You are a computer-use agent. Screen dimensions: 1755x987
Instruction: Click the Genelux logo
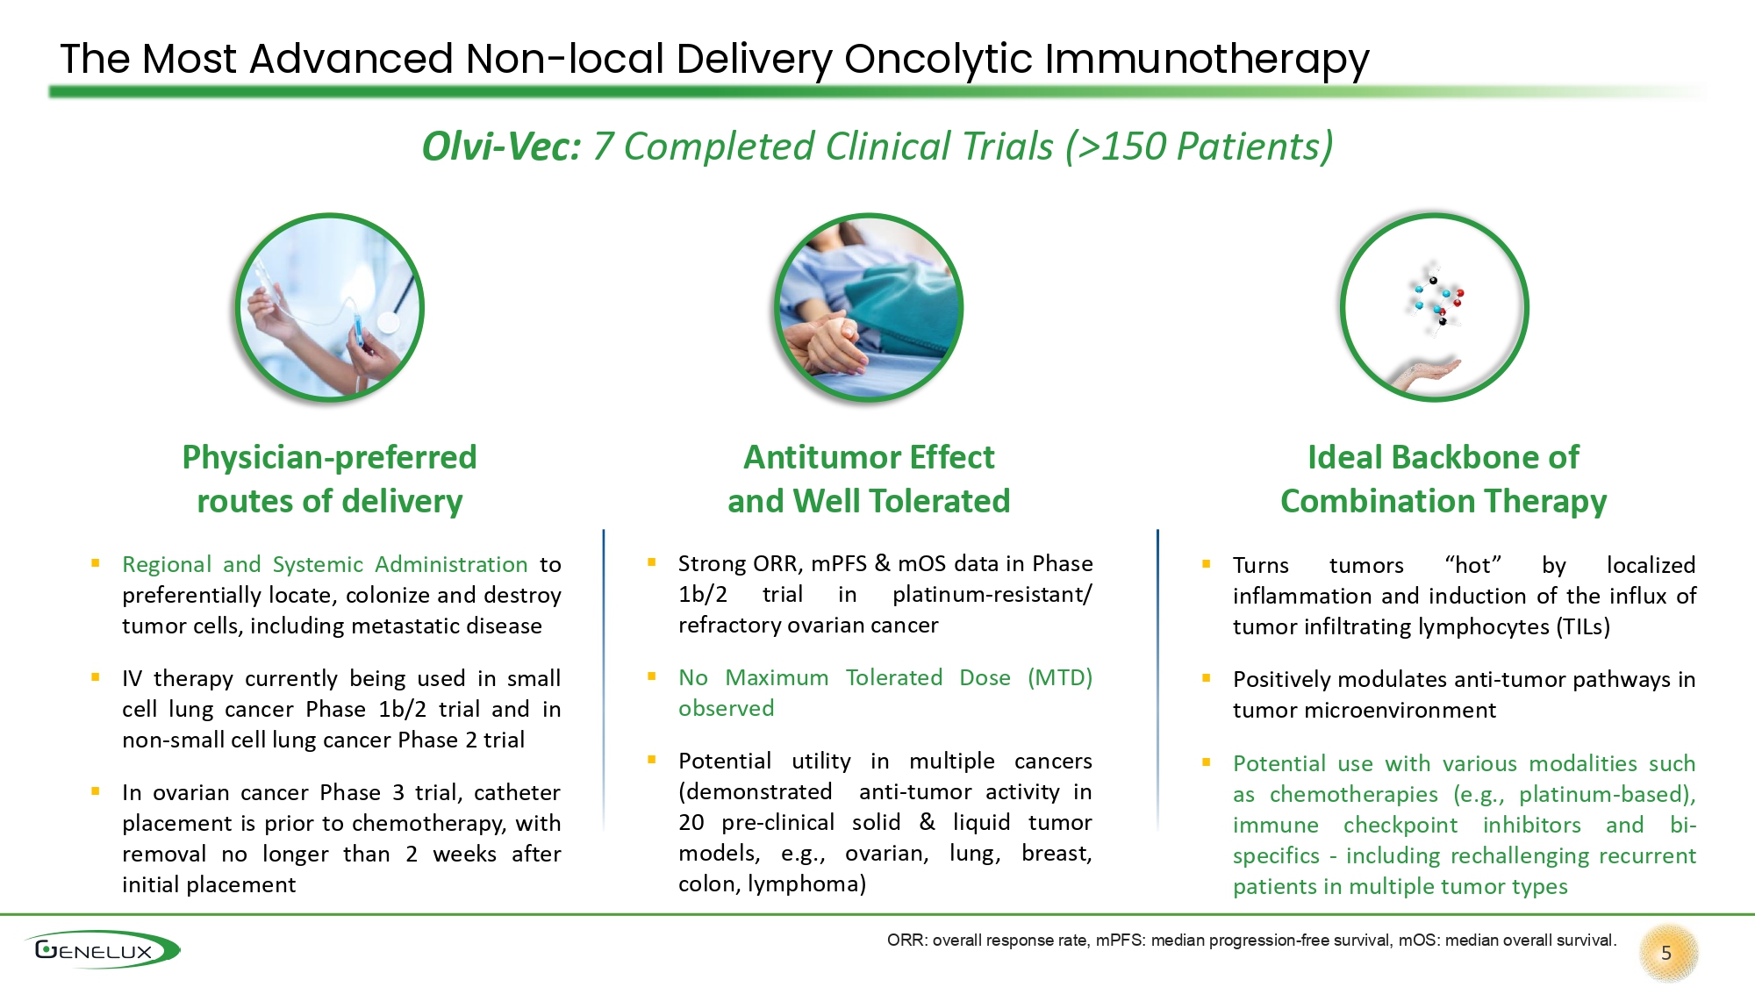[102, 949]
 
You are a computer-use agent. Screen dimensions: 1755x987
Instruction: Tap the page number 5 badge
[1667, 954]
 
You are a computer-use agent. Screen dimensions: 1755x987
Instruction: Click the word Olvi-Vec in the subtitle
[501, 147]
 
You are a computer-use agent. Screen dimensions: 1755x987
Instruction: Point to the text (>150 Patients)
[1200, 147]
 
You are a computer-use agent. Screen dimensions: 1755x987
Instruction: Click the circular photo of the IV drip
[329, 308]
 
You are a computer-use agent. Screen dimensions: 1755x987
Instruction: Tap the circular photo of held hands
[869, 308]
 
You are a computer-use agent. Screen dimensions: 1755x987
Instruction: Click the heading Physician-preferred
[329, 458]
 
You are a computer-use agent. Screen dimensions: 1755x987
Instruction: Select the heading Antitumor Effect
[869, 457]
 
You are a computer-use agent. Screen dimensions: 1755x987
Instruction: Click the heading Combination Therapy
[1443, 502]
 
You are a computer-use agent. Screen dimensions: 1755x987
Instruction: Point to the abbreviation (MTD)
[1060, 677]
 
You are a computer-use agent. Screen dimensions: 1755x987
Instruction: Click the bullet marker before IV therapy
[96, 677]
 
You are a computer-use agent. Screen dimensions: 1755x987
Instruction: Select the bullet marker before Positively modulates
[1207, 678]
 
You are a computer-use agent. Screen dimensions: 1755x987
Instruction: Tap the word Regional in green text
[167, 564]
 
